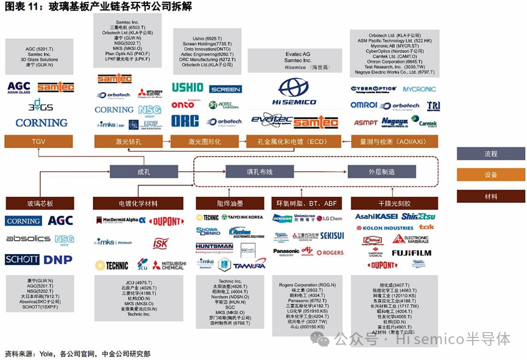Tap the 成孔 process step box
pyautogui.click(x=143, y=172)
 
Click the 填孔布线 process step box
pyautogui.click(x=255, y=172)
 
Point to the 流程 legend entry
pyautogui.click(x=490, y=154)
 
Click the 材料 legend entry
pyautogui.click(x=490, y=197)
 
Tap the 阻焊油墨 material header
pyautogui.click(x=232, y=203)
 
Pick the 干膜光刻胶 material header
pyautogui.click(x=394, y=203)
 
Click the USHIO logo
pyautogui.click(x=187, y=88)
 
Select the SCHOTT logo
pyautogui.click(x=22, y=259)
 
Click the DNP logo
pyautogui.click(x=58, y=259)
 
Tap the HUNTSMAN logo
pyautogui.click(x=214, y=247)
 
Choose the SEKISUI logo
pyautogui.click(x=332, y=235)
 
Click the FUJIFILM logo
pyautogui.click(x=411, y=253)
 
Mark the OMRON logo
pyautogui.click(x=363, y=105)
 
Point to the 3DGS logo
pyautogui.click(x=41, y=105)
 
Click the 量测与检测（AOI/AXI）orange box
pyautogui.click(x=394, y=141)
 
